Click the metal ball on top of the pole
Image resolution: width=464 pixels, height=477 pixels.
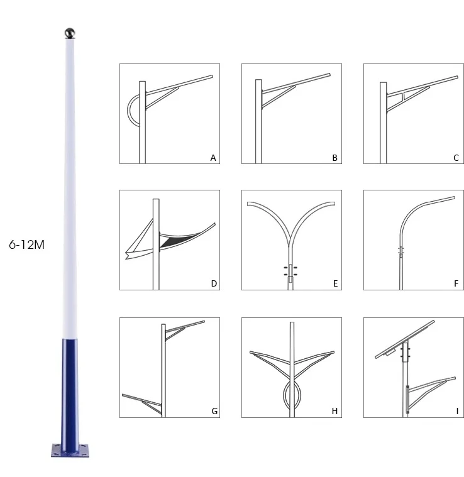coord(70,33)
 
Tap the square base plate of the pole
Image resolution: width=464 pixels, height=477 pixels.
coord(70,451)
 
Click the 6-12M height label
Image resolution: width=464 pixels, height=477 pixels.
coord(27,244)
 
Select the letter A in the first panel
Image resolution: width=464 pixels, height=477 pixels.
coord(213,158)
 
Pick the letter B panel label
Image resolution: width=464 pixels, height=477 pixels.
coord(334,158)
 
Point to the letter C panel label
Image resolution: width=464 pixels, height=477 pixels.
coord(456,158)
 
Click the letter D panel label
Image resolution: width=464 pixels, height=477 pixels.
coord(214,283)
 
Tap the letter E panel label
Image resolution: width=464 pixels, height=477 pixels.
coord(335,283)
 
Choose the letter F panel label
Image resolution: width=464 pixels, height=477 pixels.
coord(456,283)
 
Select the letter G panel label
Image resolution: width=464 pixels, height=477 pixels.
coord(214,411)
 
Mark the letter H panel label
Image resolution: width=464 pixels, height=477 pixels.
coord(334,411)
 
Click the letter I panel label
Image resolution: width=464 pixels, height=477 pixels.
coord(457,411)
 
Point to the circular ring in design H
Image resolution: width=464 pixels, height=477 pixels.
coord(284,395)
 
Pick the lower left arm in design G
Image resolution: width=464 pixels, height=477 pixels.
coord(142,403)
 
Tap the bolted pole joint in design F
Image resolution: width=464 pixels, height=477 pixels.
coord(401,251)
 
